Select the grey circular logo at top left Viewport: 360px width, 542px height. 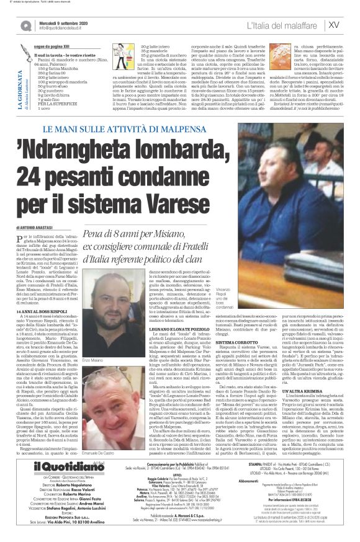[x=25, y=25]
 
